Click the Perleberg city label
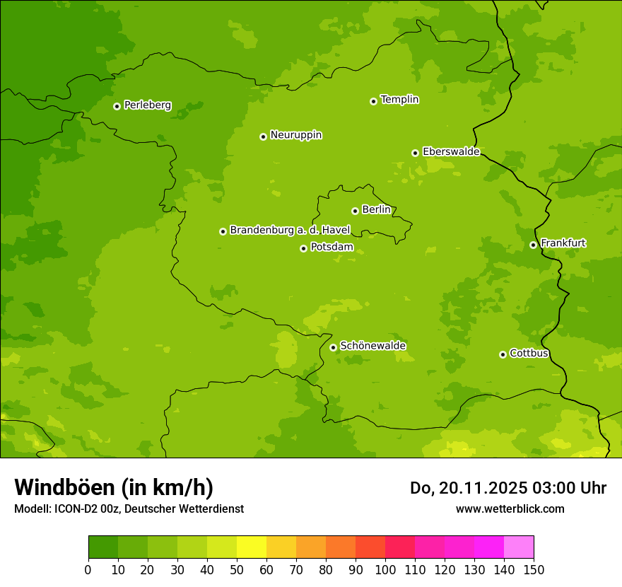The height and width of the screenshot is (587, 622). pos(147,105)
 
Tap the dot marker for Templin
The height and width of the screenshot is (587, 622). pos(373,101)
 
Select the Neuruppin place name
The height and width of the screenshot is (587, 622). pos(295,135)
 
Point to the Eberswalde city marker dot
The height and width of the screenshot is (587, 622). pos(415,153)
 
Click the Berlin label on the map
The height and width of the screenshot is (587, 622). pos(376,209)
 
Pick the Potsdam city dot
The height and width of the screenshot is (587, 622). pos(303,248)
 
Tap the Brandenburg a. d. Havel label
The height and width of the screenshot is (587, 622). pos(290,230)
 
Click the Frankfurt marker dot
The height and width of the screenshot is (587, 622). pos(533,245)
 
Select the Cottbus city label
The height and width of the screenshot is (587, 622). pos(529,353)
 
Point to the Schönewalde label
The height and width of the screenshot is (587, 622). pos(372,346)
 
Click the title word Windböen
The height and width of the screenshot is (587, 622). pos(64,488)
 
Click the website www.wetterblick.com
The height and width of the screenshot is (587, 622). pos(510,508)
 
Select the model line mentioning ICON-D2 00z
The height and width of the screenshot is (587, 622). pos(129,508)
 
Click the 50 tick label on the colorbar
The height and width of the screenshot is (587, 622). pos(237,569)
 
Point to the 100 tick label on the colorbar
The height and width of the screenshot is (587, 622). pos(385,569)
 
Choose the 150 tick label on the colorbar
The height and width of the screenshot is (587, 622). pos(534,569)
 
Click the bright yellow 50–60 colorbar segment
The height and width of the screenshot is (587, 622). pos(252,547)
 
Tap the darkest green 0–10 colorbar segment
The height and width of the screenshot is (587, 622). pos(103,547)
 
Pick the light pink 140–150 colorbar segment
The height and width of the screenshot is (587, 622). pos(519,547)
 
